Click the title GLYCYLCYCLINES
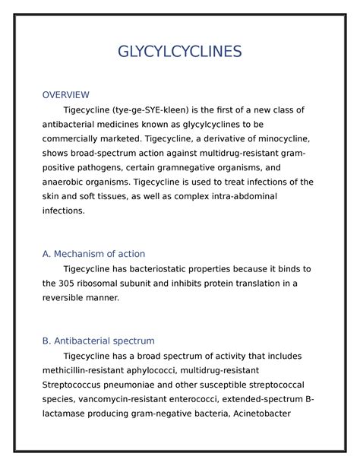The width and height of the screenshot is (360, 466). pos(180,52)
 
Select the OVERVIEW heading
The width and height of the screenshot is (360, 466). pos(65,94)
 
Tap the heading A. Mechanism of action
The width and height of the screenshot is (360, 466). pos(93,254)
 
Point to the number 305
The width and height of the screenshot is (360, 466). pos(71,284)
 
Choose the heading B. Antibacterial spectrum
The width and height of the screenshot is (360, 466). pos(98,341)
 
